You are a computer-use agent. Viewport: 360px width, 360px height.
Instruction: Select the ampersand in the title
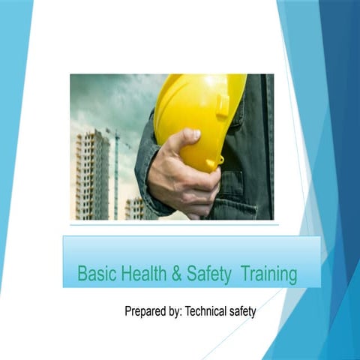point(177,274)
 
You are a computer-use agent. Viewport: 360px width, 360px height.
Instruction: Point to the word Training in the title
point(268,274)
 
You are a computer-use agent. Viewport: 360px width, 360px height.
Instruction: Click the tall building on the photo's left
point(91,172)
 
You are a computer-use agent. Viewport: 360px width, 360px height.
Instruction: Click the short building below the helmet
point(135,208)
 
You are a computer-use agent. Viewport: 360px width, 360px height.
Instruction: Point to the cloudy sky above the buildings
point(105,97)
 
